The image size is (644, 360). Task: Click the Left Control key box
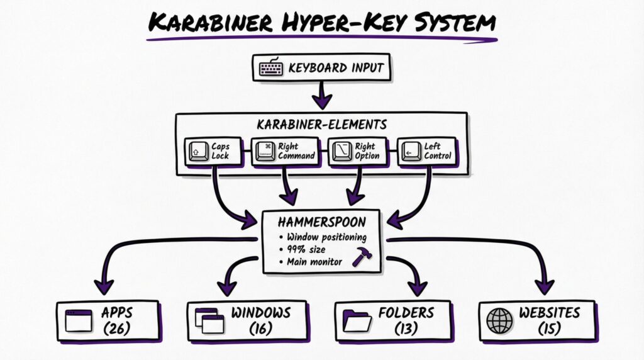click(x=427, y=151)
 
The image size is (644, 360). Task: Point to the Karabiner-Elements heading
click(x=321, y=125)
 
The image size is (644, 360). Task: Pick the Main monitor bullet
click(x=314, y=261)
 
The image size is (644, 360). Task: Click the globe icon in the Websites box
click(x=500, y=320)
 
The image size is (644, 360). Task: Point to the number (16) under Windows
click(x=260, y=328)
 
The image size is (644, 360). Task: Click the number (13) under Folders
click(x=406, y=328)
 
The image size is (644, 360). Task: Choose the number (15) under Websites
click(x=549, y=328)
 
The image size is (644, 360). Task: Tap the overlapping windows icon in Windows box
click(x=209, y=320)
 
